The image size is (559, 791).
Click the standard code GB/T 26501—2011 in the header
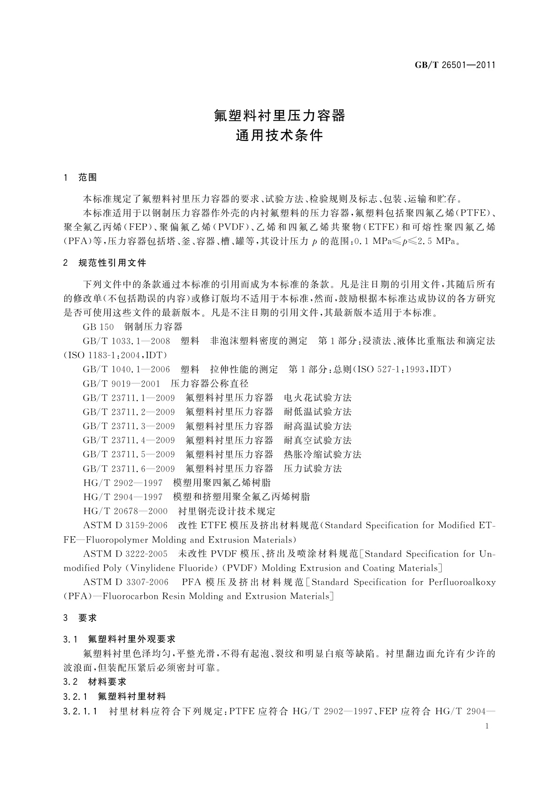[x=455, y=65]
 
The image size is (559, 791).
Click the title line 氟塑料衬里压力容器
[x=280, y=115]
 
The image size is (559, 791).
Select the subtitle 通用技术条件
[x=280, y=135]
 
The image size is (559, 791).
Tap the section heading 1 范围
[x=80, y=178]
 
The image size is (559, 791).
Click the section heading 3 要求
[x=80, y=618]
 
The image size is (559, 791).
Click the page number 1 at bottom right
[x=487, y=726]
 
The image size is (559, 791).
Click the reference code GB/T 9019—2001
[x=122, y=384]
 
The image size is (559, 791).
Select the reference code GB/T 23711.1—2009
[x=129, y=398]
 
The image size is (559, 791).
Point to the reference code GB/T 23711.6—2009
[x=129, y=469]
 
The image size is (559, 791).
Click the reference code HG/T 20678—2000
[x=125, y=511]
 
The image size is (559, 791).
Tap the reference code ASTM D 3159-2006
[x=125, y=525]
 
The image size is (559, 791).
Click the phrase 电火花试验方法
[x=318, y=398]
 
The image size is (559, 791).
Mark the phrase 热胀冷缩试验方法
[x=322, y=455]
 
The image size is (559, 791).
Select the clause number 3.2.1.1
[x=80, y=712]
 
